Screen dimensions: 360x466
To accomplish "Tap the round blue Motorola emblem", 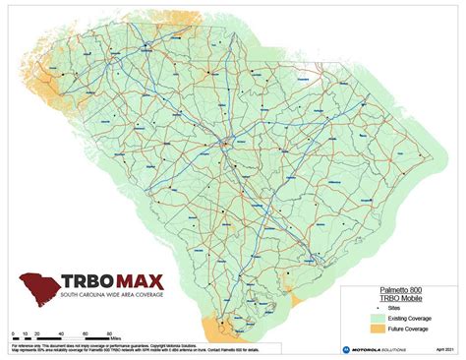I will tap(345, 350).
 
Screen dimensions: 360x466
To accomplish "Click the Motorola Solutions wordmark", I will tap(379, 350).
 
